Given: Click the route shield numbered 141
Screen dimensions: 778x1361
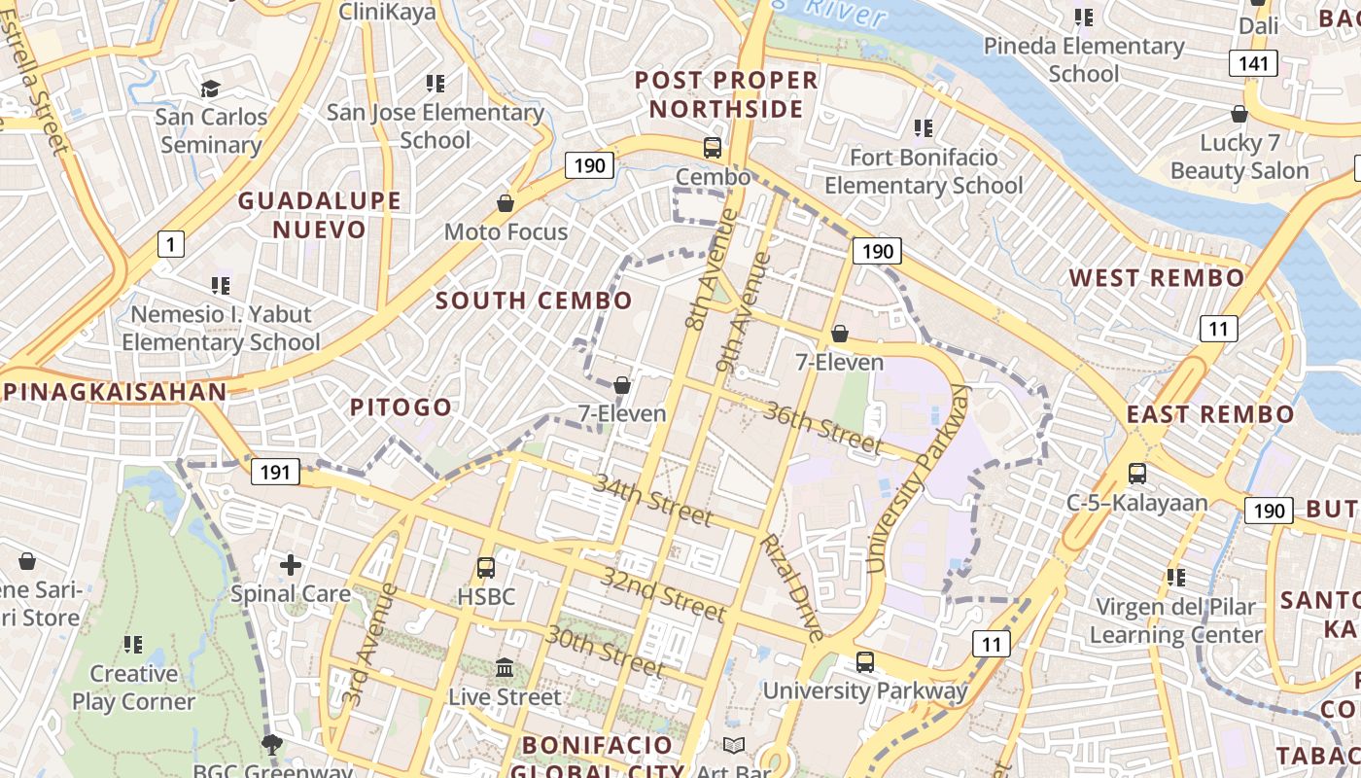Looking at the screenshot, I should click(x=1252, y=64).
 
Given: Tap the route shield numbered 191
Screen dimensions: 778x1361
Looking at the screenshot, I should click(x=275, y=473).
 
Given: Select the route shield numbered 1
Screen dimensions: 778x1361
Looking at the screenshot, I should click(x=170, y=243).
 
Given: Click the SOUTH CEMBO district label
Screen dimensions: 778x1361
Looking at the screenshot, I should click(x=534, y=301).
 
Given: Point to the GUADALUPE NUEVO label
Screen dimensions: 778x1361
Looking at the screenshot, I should click(x=319, y=215).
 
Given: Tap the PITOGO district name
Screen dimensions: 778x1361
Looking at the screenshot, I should click(x=401, y=407).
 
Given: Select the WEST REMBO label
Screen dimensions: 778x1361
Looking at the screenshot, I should click(x=1157, y=278).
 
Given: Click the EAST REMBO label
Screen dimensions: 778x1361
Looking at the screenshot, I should click(x=1210, y=414).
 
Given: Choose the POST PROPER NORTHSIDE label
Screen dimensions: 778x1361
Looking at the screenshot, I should click(x=726, y=93).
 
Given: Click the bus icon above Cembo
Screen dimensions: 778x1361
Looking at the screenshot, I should click(x=713, y=148).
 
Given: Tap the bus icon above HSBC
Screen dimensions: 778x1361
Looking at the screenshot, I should click(x=485, y=567).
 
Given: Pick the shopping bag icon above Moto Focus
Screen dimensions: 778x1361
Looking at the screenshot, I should click(x=506, y=203).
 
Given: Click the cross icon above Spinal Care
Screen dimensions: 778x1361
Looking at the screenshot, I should click(x=290, y=564).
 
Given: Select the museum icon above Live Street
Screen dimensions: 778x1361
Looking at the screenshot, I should click(x=505, y=668).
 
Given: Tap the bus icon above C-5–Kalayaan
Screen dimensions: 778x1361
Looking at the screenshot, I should click(x=1136, y=474).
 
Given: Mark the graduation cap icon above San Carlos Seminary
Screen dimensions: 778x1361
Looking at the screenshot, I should click(x=211, y=89).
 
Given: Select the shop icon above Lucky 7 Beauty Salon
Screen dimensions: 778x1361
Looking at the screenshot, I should click(x=1239, y=114).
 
